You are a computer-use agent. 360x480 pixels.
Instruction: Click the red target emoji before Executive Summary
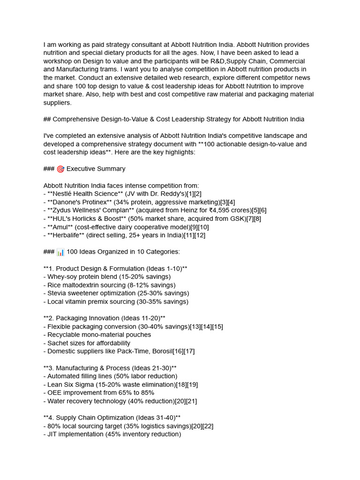pos(60,169)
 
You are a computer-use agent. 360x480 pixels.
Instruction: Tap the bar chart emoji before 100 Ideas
pos(60,252)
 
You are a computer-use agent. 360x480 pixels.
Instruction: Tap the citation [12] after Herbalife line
pos(199,235)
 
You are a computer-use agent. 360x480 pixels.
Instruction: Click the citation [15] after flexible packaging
pos(217,327)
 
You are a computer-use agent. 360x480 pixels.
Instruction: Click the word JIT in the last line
pos(52,435)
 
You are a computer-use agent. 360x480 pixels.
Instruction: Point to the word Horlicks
pos(83,219)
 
